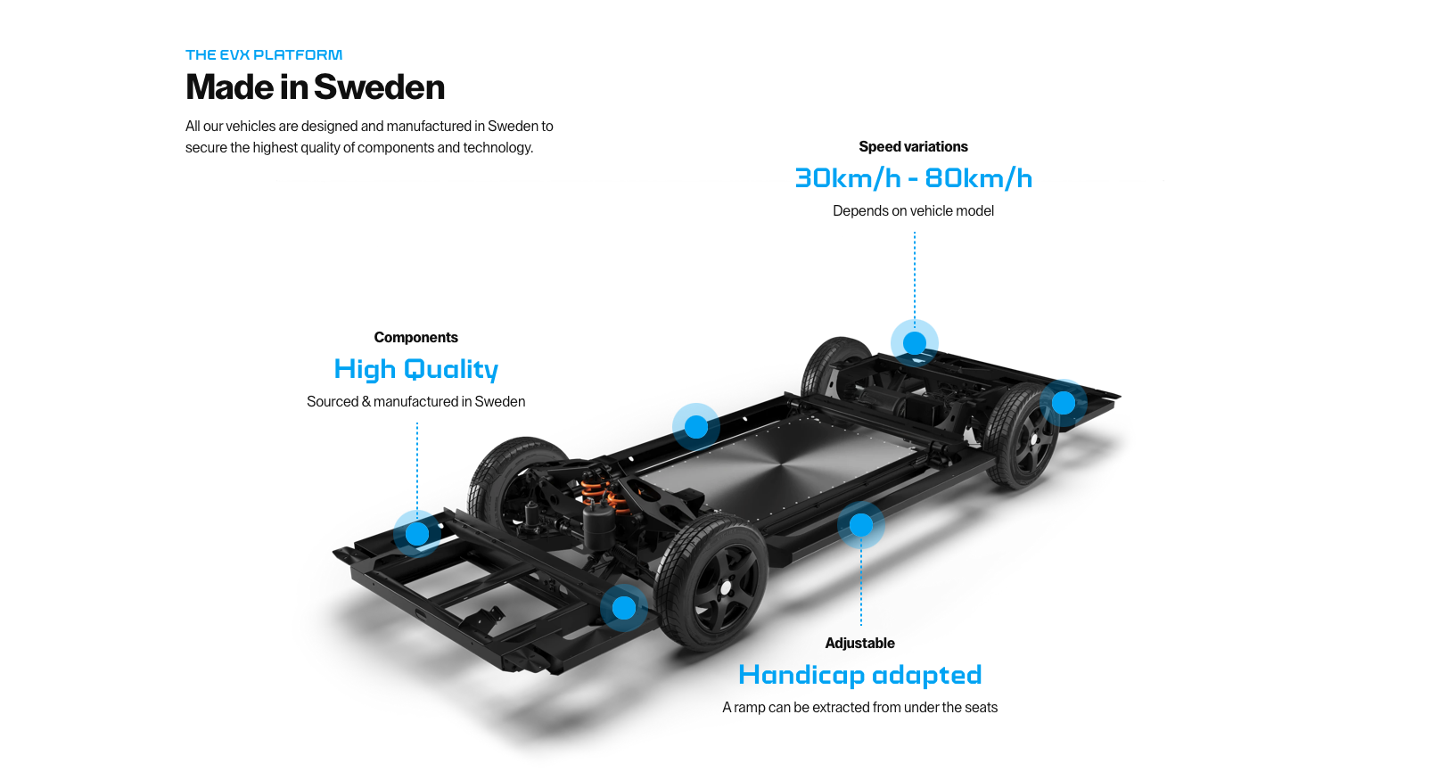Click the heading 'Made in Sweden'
315,87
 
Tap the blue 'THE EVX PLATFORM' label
264,55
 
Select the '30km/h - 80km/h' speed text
913,178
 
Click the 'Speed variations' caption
913,146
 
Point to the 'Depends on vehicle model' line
913,210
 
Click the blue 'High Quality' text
415,369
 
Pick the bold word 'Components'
415,337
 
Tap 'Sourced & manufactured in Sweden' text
415,401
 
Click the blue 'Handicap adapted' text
859,675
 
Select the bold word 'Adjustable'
859,643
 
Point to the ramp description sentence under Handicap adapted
859,707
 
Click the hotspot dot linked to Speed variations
915,343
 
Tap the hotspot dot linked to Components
417,534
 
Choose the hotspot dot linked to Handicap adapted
861,525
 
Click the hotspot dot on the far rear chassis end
1064,403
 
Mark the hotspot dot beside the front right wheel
624,608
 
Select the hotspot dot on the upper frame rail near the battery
696,427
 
